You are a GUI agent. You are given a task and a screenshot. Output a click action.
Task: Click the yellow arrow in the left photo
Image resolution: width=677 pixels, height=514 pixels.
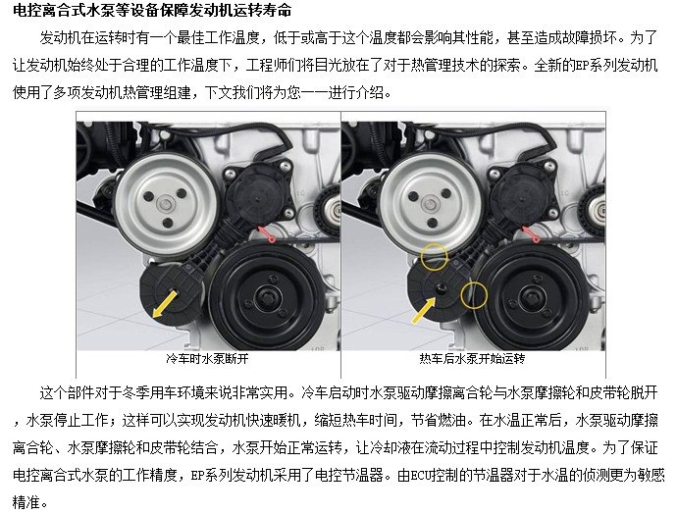pyautogui.click(x=166, y=303)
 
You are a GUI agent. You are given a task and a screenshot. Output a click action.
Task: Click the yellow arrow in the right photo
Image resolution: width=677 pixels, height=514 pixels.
pyautogui.click(x=424, y=311)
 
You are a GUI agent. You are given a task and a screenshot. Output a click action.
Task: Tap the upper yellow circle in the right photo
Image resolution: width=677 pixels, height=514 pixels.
pyautogui.click(x=435, y=256)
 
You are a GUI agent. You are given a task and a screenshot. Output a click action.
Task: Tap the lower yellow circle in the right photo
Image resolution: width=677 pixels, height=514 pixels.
pyautogui.click(x=474, y=295)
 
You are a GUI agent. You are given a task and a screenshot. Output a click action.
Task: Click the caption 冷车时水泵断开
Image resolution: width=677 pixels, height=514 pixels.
pyautogui.click(x=207, y=359)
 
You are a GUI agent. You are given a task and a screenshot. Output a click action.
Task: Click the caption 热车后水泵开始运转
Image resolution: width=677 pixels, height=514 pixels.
pyautogui.click(x=472, y=359)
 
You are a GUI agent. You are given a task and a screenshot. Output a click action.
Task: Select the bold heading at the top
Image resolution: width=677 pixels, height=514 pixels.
pyautogui.click(x=152, y=11)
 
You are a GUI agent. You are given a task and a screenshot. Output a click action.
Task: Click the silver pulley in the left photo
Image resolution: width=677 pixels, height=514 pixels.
pyautogui.click(x=166, y=202)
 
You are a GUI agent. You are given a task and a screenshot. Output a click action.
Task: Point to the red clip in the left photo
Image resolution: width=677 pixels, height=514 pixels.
pyautogui.click(x=267, y=233)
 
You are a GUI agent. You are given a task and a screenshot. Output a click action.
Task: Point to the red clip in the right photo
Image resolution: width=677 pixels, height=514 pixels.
pyautogui.click(x=531, y=233)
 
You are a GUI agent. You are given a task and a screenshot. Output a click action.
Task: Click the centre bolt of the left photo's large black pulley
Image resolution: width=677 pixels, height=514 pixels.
pyautogui.click(x=264, y=297)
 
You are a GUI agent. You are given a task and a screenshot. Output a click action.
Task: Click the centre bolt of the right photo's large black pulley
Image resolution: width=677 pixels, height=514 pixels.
pyautogui.click(x=530, y=297)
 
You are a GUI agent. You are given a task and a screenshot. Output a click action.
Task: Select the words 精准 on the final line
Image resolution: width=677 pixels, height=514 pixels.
pyautogui.click(x=26, y=502)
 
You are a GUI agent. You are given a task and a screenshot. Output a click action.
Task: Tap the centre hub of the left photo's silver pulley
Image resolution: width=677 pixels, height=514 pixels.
pyautogui.click(x=164, y=203)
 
